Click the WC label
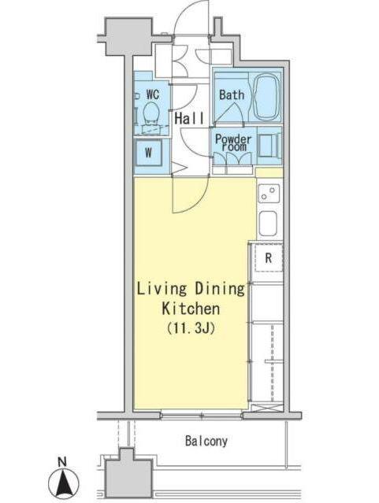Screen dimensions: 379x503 coord(153,94)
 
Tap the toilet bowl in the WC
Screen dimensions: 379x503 coord(150,113)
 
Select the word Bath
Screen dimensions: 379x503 coord(232,95)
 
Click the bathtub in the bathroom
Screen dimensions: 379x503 coord(266,96)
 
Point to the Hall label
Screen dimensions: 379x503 coord(189,118)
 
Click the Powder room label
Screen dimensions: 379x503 coord(233,142)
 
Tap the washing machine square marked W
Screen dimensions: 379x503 coord(148,153)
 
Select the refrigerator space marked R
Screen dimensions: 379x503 coord(269,258)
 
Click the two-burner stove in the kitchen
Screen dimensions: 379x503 coord(269,194)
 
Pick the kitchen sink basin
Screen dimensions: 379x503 coord(268,224)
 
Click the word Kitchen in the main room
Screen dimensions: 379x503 coord(191,309)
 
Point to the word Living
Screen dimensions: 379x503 coord(162,289)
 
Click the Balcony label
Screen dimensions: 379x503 coord(206,442)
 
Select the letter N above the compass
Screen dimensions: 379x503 coord(62,462)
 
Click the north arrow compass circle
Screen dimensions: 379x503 coord(64,483)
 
